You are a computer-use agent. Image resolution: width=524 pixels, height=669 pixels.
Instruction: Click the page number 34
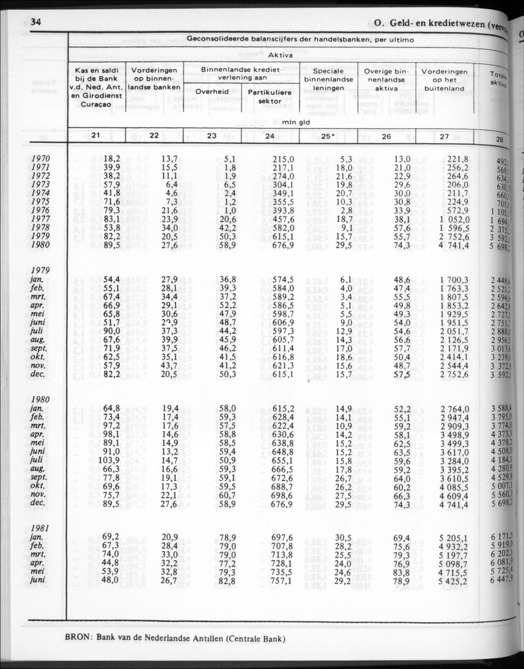35,23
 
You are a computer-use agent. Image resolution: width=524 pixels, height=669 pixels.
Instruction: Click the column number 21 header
96,136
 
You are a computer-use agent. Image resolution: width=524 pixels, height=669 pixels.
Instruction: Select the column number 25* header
328,136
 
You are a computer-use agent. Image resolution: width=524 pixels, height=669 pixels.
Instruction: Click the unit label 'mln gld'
295,122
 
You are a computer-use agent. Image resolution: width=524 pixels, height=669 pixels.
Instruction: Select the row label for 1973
41,184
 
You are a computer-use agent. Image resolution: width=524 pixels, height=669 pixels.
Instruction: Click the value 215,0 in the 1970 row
283,159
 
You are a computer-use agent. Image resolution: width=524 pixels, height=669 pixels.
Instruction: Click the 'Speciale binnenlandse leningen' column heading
328,79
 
